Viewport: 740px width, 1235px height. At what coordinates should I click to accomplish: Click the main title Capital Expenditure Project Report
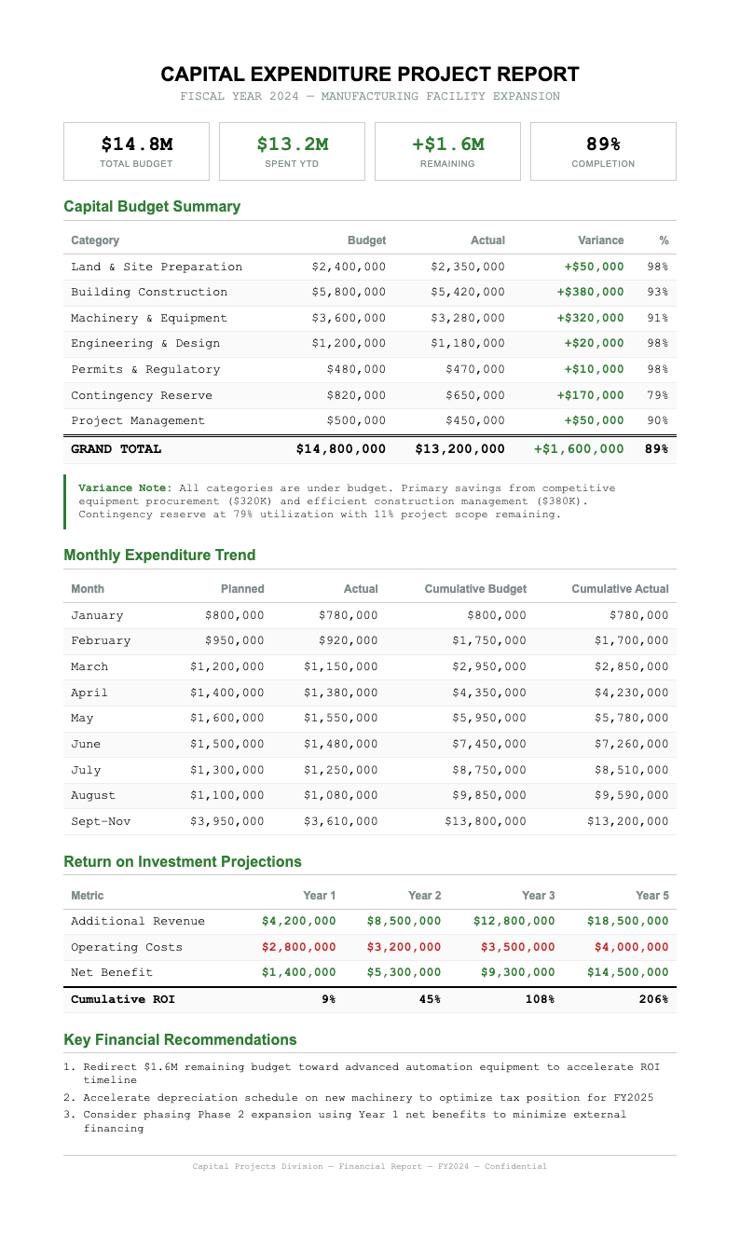coord(370,75)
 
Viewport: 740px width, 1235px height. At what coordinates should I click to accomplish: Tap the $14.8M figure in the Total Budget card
coord(137,144)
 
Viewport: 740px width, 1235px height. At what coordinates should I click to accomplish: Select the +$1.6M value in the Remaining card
coord(447,144)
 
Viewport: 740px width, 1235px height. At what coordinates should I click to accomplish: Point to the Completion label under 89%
coord(603,164)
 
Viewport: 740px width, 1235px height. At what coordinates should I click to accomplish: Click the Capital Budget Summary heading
coord(152,207)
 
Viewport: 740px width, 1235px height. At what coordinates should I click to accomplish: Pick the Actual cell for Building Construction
coord(468,293)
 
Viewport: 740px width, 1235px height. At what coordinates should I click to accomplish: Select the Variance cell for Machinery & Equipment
coord(590,319)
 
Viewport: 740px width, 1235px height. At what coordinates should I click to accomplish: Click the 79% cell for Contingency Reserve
coord(657,396)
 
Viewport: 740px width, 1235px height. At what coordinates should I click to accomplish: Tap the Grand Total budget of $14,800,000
coord(340,449)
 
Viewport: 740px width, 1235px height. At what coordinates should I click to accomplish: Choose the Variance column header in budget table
coord(600,240)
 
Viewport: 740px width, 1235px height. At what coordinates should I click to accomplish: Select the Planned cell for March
coord(226,667)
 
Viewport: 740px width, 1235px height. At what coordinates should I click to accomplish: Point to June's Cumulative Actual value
coord(627,745)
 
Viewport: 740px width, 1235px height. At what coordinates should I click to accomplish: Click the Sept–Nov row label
coord(101,822)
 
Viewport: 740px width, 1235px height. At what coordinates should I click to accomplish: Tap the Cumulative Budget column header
coord(475,589)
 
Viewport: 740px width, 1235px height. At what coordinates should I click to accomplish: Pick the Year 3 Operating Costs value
coord(517,948)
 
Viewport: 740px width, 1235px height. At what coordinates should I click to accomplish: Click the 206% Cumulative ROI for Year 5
coord(653,999)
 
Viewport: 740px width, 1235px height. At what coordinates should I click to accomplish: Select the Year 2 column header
coord(424,896)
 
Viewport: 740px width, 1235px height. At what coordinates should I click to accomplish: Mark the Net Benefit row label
coord(112,973)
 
